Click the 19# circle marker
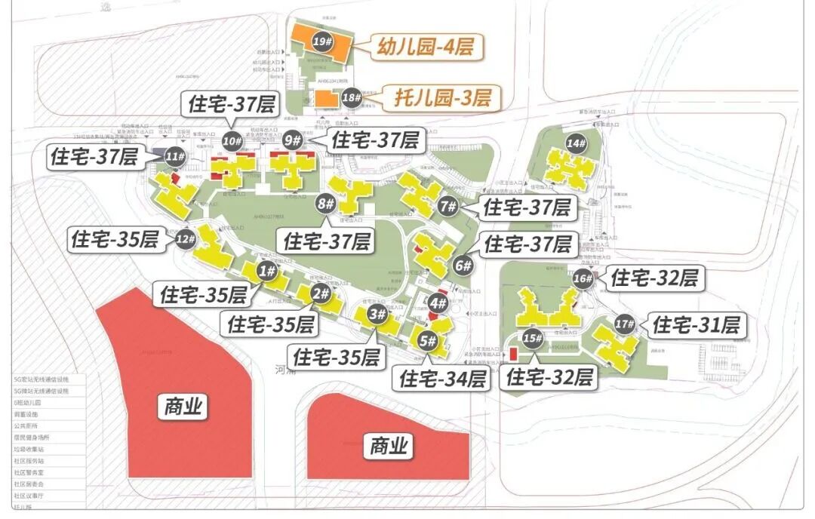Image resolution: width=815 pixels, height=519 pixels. pos(322,42)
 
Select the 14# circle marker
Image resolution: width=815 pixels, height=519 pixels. pos(577,143)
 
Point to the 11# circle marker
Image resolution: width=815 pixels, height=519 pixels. pos(176,157)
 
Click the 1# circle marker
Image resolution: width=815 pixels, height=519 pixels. pos(266,272)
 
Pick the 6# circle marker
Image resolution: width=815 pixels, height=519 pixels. pos(463,266)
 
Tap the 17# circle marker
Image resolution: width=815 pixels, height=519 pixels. pos(624,324)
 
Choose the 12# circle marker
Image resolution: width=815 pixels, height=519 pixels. pos(186,240)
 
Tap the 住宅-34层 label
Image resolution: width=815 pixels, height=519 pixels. pos(443,379)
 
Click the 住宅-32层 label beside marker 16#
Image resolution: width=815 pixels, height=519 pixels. pos(654,278)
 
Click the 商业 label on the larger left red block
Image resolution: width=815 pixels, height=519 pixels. pos(183,407)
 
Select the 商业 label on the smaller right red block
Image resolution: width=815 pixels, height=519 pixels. pos(389,447)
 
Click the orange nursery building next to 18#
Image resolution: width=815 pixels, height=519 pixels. pos(326,99)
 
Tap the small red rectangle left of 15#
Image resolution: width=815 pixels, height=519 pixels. pos(512,353)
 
